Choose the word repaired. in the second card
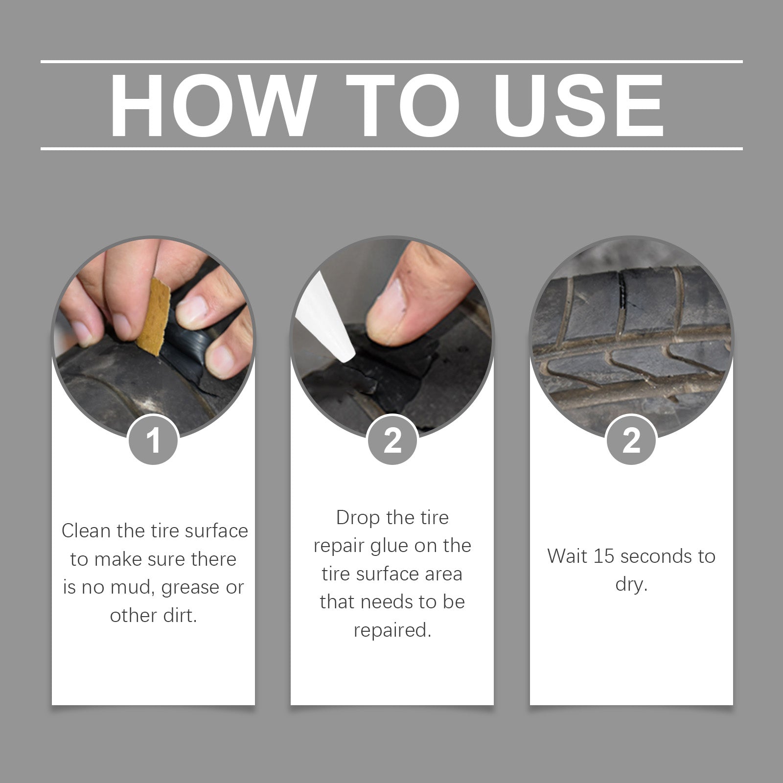[392, 630]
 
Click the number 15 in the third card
[604, 556]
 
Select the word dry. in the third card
[631, 584]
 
